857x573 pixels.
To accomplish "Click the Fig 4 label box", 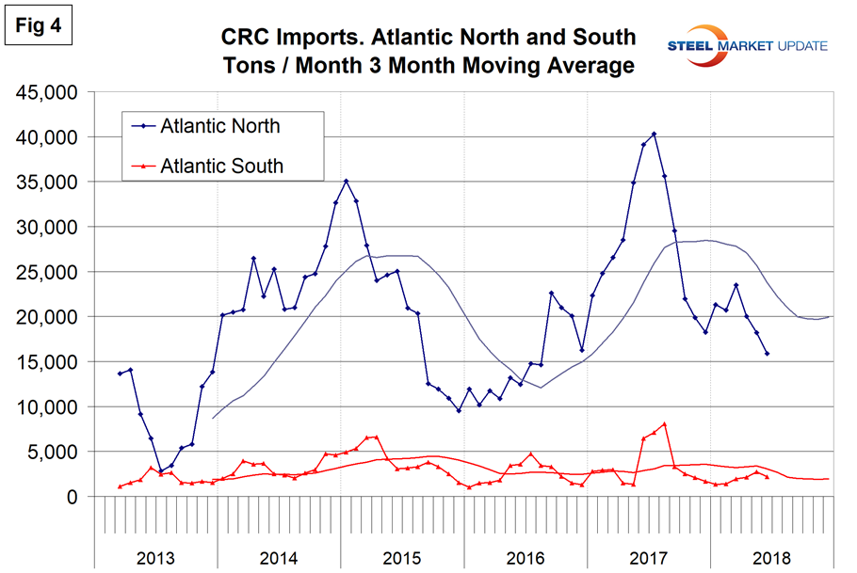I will click(40, 25).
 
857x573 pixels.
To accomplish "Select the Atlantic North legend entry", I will click(219, 125).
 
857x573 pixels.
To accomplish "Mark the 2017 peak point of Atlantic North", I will click(654, 135).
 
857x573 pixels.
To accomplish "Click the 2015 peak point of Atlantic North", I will click(346, 181).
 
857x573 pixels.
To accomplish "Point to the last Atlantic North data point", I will click(767, 354).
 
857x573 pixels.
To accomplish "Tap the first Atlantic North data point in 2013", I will click(120, 374).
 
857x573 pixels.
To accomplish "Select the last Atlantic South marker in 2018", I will click(767, 477).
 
